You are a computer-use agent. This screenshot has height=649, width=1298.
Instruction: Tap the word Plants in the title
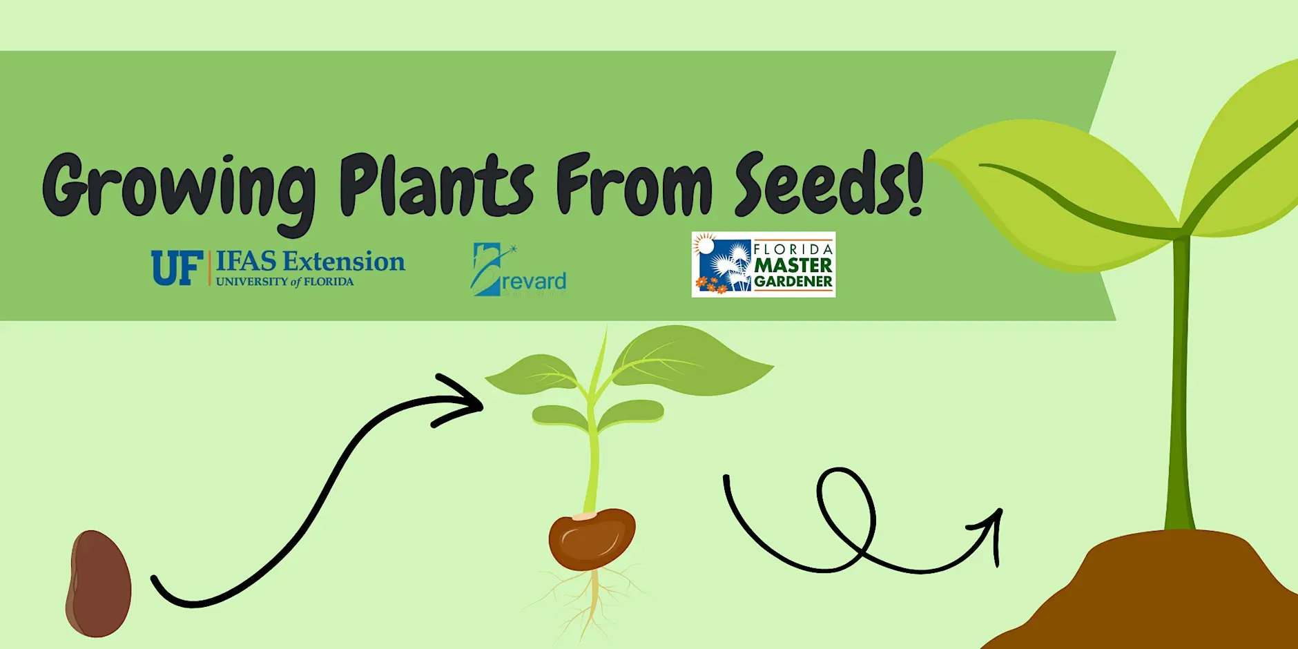(436, 185)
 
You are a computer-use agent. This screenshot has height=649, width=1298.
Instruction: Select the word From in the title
(634, 185)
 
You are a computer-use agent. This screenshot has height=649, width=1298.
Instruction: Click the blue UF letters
(177, 268)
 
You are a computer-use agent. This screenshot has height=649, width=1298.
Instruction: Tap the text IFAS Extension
(310, 262)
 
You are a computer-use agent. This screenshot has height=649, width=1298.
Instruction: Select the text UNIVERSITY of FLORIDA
(284, 282)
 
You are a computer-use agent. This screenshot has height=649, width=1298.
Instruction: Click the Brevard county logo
(519, 271)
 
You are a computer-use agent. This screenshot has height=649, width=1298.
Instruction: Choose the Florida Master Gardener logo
(763, 264)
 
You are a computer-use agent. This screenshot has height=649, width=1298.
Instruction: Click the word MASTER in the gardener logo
(793, 265)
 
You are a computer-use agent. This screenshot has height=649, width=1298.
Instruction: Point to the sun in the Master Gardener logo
(704, 244)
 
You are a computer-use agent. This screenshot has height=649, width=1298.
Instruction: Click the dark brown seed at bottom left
(98, 583)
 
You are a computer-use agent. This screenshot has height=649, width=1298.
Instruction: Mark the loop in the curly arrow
(846, 511)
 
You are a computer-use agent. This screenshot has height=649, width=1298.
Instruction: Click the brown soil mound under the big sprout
(1160, 594)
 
